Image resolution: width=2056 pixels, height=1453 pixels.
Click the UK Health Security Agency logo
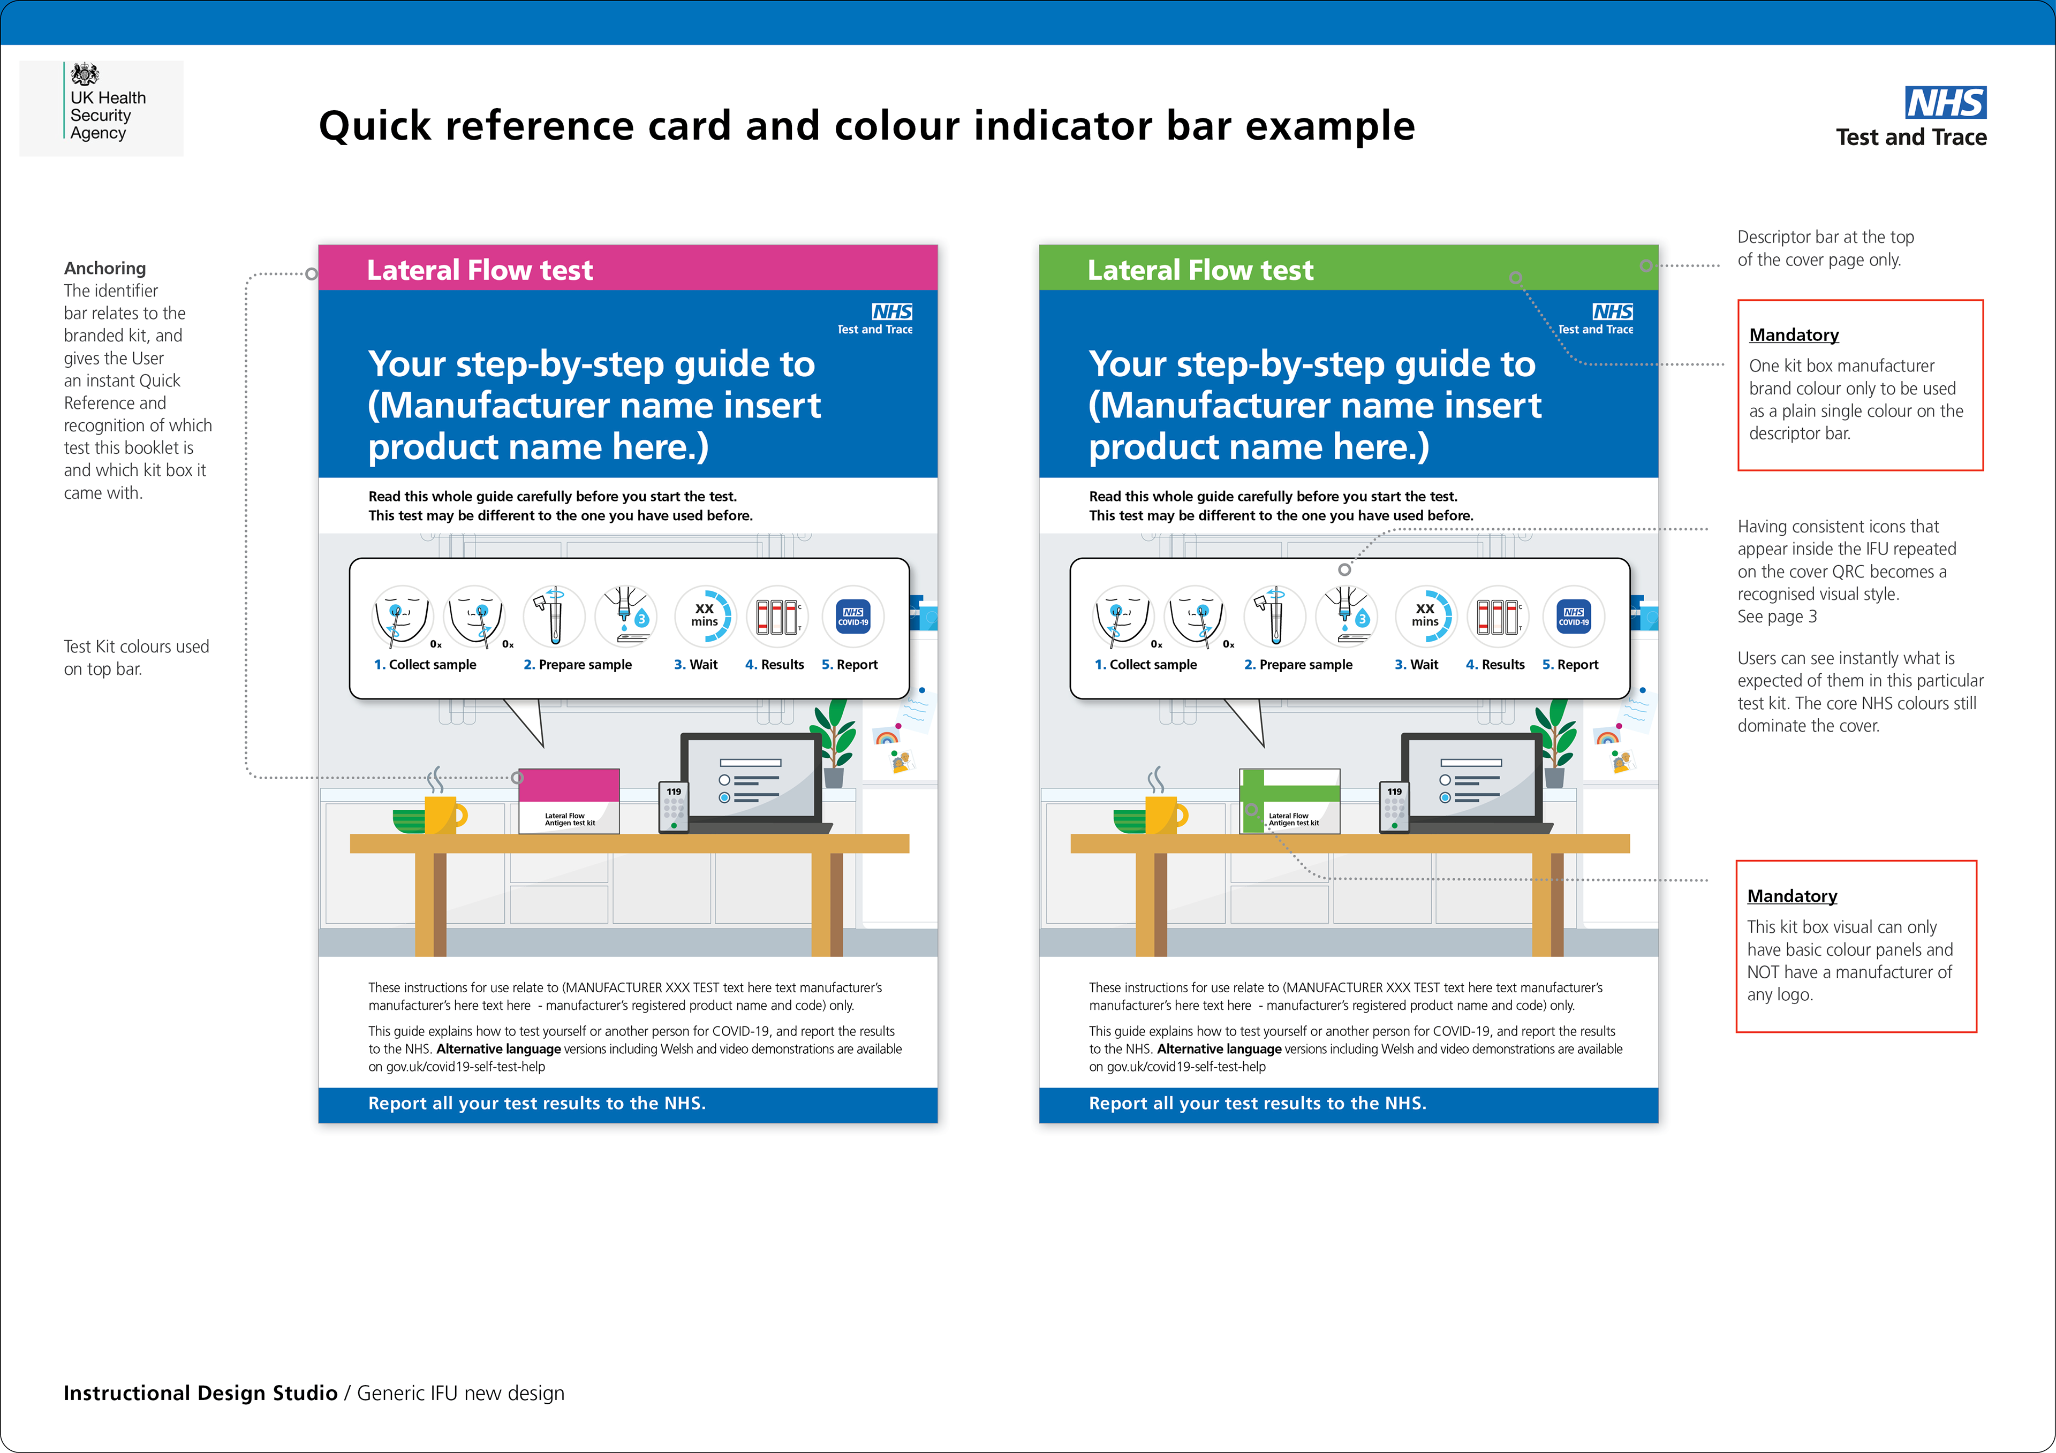pos(101,108)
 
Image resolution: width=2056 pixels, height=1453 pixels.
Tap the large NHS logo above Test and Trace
pos(1945,103)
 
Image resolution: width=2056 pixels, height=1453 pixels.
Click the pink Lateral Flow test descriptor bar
pos(627,269)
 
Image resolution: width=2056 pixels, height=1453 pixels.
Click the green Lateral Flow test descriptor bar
pos(1348,269)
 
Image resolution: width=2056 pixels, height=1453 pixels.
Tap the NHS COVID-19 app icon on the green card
pos(1574,616)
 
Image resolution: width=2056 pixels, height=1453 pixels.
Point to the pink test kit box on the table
pos(569,801)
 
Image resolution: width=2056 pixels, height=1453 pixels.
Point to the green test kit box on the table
pos(1289,801)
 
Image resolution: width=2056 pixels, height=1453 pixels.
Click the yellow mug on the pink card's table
pos(442,814)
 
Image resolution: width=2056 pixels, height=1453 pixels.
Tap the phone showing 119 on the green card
pos(1394,807)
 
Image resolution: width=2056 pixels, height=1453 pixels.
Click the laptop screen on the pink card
pos(751,776)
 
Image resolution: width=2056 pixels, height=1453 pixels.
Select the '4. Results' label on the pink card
pos(775,664)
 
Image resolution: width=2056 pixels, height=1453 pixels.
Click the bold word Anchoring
pos(105,268)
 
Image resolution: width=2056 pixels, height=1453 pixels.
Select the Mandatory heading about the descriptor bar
pos(1794,335)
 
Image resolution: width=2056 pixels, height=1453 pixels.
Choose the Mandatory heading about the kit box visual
pos(1792,896)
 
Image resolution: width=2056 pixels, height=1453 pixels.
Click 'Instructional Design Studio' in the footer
pos(200,1393)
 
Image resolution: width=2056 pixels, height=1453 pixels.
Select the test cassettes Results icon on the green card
pos(1496,616)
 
